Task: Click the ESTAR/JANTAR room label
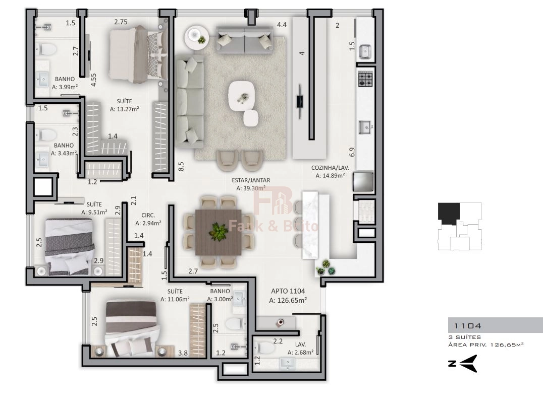(x=251, y=180)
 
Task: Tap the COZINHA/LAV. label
(x=330, y=168)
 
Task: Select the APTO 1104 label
(x=288, y=291)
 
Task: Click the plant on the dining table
(x=218, y=232)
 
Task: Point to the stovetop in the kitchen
(x=365, y=79)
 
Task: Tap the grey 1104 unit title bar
(x=495, y=325)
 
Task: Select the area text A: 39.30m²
(x=251, y=188)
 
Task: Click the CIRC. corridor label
(x=148, y=215)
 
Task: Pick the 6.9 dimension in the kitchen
(x=352, y=152)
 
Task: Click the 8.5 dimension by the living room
(x=181, y=167)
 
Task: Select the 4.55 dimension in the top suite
(x=93, y=80)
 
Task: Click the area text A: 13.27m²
(x=125, y=109)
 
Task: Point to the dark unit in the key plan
(x=449, y=214)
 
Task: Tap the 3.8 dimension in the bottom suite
(x=183, y=353)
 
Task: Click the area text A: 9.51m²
(x=94, y=212)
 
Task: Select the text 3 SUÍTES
(x=465, y=337)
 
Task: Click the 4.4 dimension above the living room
(x=282, y=25)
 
